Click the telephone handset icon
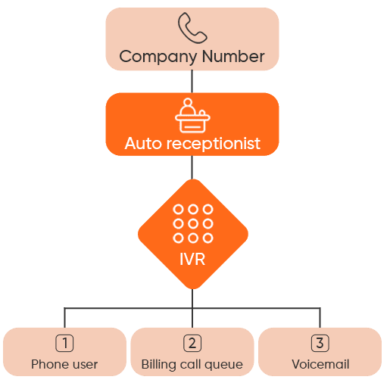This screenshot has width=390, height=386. coord(192,29)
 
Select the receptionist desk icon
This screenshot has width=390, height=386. coord(192,116)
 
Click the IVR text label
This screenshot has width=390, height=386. coord(192,259)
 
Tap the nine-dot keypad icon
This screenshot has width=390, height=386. coord(192,223)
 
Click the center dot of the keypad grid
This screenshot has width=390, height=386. coord(192,223)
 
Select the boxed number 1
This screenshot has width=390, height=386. coord(64,343)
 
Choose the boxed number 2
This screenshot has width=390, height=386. coord(192,343)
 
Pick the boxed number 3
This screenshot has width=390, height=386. coord(320,343)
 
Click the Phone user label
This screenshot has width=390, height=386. coord(64,365)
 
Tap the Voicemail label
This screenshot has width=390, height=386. coord(320,365)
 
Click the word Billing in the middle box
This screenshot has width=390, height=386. coord(158,365)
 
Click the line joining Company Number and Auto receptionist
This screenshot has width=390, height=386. coord(192,81)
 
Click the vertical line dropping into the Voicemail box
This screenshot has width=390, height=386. coord(320,318)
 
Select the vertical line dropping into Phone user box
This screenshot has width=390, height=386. coord(64,318)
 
